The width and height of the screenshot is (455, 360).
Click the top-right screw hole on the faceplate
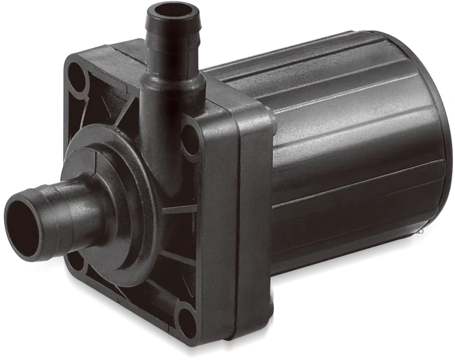[x=189, y=137]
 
